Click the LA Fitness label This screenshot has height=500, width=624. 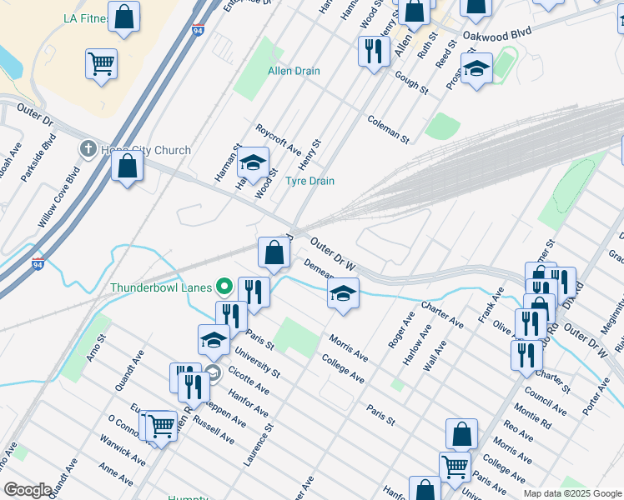(85, 18)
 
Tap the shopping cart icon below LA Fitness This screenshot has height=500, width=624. (101, 63)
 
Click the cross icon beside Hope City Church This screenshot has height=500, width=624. (87, 150)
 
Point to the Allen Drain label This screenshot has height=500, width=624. (294, 71)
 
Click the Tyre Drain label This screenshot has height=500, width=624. (310, 181)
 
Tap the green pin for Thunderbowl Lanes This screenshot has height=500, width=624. (224, 287)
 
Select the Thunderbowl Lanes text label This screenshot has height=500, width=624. (161, 288)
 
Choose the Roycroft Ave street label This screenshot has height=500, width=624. (279, 140)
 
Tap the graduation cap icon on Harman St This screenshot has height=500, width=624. (253, 163)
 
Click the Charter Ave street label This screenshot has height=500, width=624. (442, 313)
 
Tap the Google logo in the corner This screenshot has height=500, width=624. (28, 490)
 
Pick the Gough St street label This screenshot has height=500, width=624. (411, 83)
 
